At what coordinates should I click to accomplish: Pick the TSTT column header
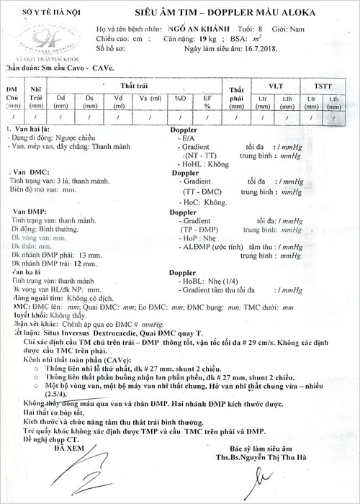(x=323, y=85)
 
